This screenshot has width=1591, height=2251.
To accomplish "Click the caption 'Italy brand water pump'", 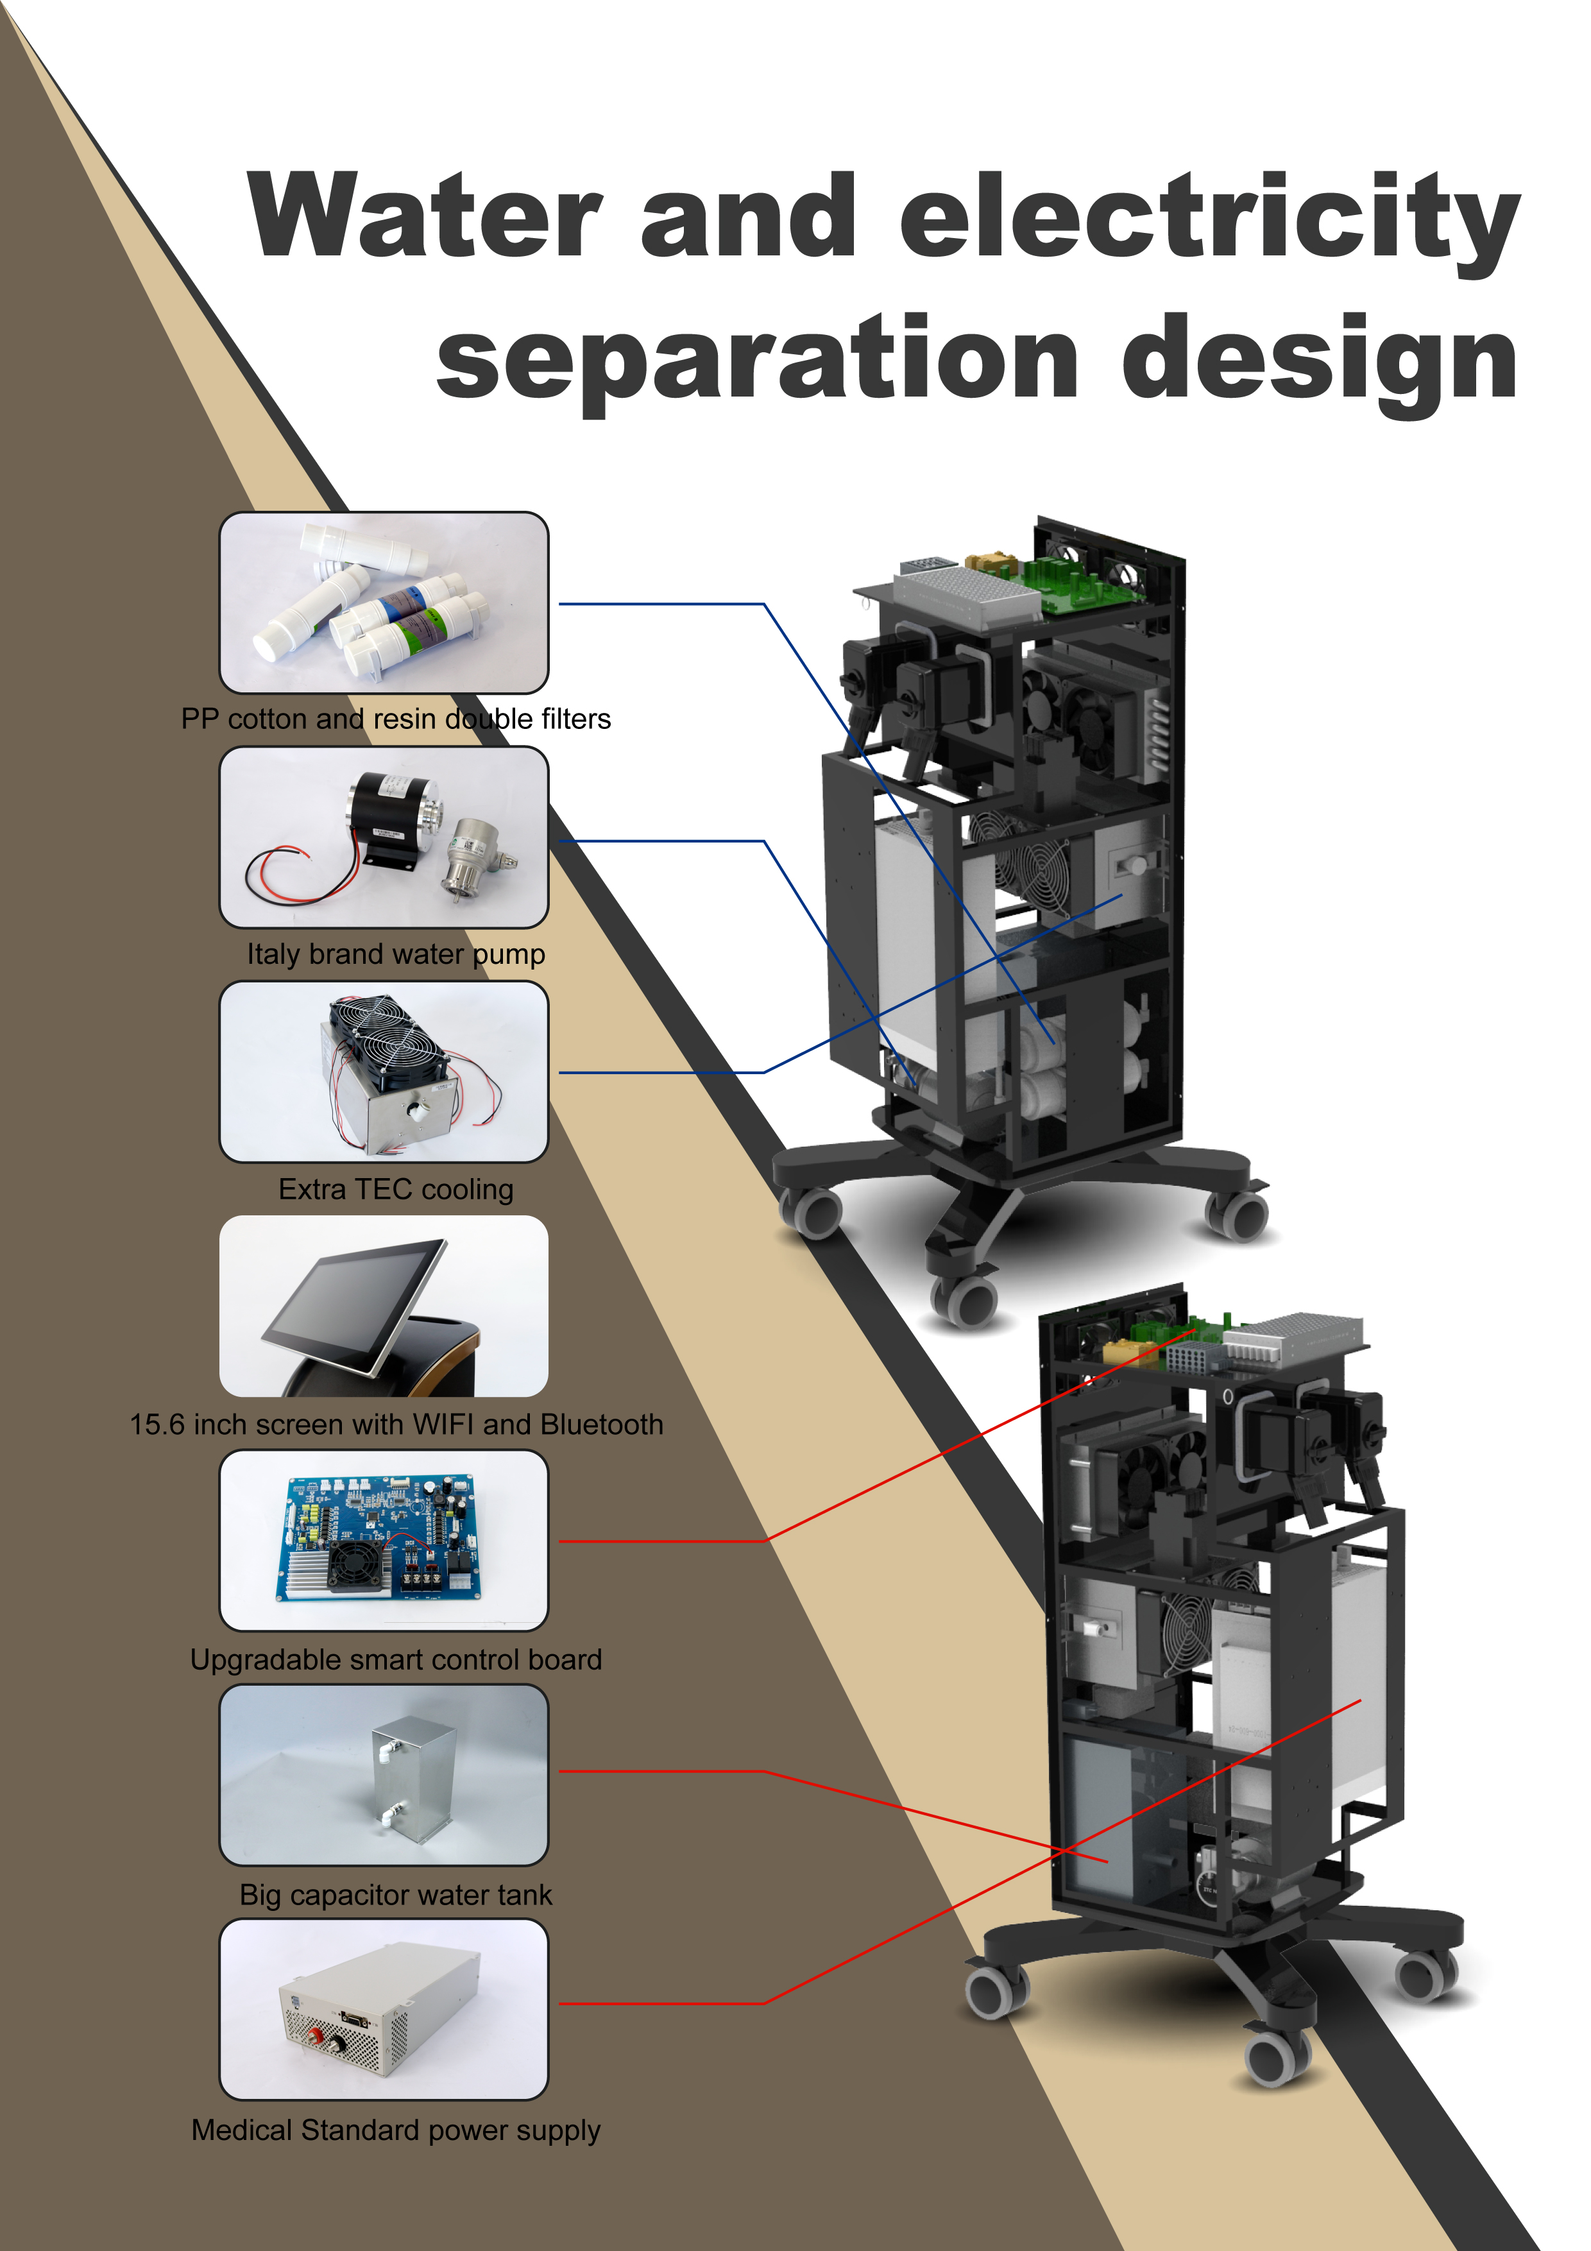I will (x=396, y=954).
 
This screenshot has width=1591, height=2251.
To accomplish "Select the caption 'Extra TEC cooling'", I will (x=396, y=1189).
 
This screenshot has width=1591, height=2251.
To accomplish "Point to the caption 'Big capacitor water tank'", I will (x=396, y=1895).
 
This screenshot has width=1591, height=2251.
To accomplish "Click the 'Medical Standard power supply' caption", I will (x=396, y=2130).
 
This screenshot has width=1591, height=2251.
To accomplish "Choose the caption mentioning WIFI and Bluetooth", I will (x=396, y=1425).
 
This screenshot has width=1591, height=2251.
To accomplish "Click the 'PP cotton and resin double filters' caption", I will (x=396, y=719).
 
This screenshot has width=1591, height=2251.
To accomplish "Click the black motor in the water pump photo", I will (x=386, y=807).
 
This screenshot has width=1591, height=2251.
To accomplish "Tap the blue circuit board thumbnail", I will (x=382, y=1539).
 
